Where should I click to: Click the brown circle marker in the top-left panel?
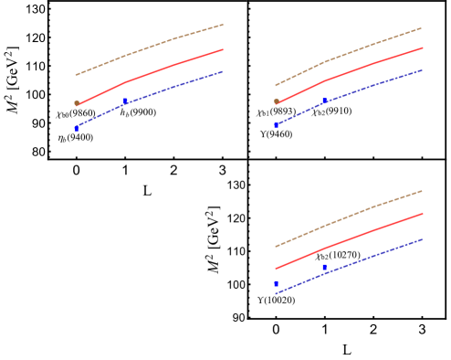pos(77,103)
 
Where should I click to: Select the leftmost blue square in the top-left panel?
pos(77,128)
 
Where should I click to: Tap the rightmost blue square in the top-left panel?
pos(125,101)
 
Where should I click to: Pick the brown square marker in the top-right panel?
pos(277,101)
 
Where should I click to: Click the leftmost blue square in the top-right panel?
pos(277,124)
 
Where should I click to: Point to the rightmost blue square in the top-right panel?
pos(324,101)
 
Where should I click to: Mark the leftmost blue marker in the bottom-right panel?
pos(277,283)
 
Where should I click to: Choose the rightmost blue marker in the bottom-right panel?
pos(324,267)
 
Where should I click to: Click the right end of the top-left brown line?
pos(223,25)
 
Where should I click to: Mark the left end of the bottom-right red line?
pos(276,269)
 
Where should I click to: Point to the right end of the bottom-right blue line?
pos(422,239)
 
